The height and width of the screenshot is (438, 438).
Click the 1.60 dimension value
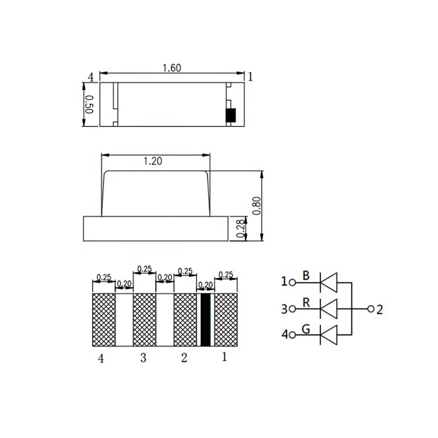tap(172, 68)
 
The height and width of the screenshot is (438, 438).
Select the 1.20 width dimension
tap(152, 161)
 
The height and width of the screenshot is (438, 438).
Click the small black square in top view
tap(231, 115)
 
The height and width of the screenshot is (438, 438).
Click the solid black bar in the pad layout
tap(206, 320)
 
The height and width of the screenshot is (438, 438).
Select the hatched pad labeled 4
tap(104, 320)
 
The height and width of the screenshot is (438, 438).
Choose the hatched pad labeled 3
tap(145, 320)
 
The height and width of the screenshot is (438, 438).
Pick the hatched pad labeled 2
tap(185, 320)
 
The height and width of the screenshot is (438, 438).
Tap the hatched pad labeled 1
tap(226, 320)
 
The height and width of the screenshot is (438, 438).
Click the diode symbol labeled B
tap(328, 282)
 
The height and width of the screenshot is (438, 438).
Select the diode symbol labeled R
tap(328, 309)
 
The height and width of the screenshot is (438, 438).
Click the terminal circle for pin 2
tap(371, 309)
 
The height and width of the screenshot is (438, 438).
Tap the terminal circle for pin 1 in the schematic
tap(292, 283)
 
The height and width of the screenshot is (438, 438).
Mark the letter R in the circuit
tap(307, 302)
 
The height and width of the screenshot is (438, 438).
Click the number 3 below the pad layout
tap(143, 358)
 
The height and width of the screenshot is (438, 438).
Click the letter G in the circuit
tap(307, 329)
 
